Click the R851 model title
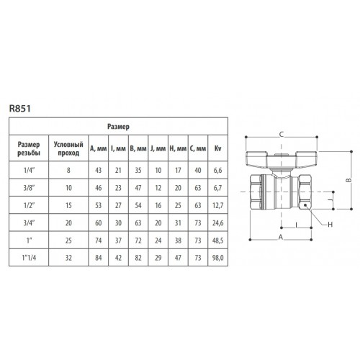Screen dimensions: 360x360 tap(20, 109)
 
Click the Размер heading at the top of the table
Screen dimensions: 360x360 tap(118, 127)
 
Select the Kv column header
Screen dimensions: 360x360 tap(217, 148)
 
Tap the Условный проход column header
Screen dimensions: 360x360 tap(68, 148)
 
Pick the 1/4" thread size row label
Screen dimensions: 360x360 tap(29, 170)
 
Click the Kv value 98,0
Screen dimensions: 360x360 tap(217, 258)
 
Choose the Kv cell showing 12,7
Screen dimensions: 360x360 tap(217, 205)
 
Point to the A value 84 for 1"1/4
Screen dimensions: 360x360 tap(99, 258)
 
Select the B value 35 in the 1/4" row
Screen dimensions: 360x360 tap(138, 170)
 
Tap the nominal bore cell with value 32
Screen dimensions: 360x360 tap(68, 258)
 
